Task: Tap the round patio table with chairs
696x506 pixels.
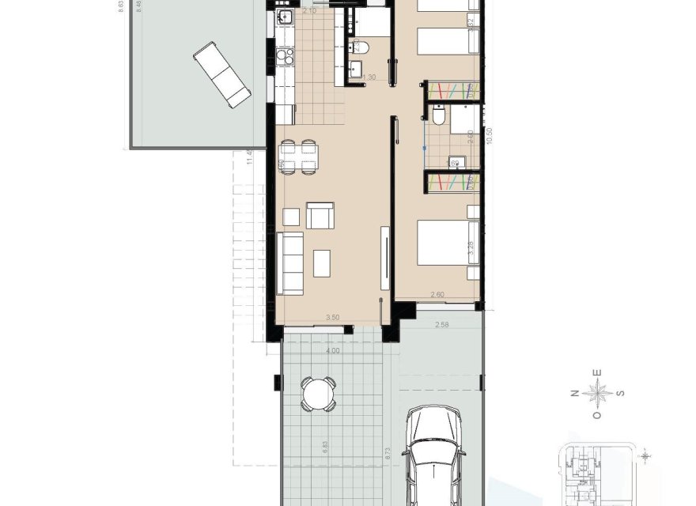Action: tap(318, 393)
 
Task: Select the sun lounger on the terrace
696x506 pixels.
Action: tap(222, 75)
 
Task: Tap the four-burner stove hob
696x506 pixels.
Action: tap(285, 56)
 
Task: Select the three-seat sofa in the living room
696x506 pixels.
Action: tap(291, 262)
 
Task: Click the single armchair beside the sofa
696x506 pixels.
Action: tap(320, 215)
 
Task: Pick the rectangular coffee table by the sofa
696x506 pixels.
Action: tap(321, 262)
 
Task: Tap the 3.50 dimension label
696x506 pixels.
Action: tap(332, 318)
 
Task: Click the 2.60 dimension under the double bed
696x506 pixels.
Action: tap(437, 295)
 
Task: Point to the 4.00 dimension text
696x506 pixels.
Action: tap(332, 350)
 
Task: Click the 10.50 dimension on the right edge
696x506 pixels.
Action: tap(490, 136)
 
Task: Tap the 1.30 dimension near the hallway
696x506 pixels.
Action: tap(369, 77)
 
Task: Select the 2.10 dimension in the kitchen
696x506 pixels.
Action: tap(309, 11)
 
